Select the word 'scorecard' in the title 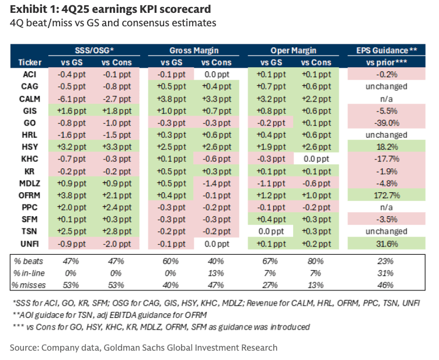pyautogui.click(x=183, y=10)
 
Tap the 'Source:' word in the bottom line pyautogui.click(x=24, y=347)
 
